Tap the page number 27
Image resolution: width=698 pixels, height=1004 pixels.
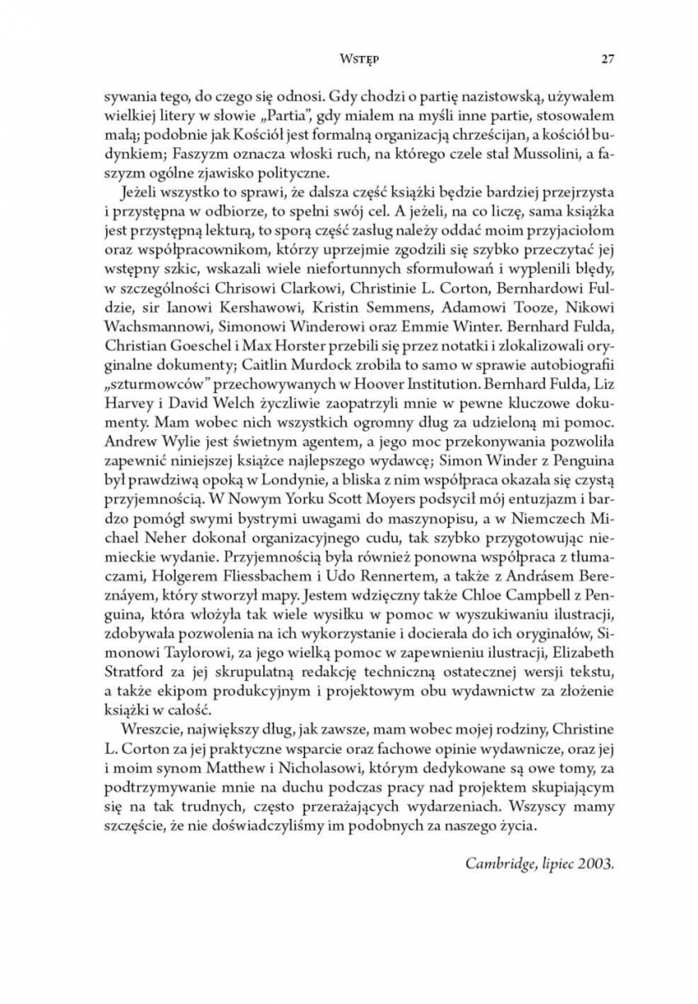pyautogui.click(x=608, y=59)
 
